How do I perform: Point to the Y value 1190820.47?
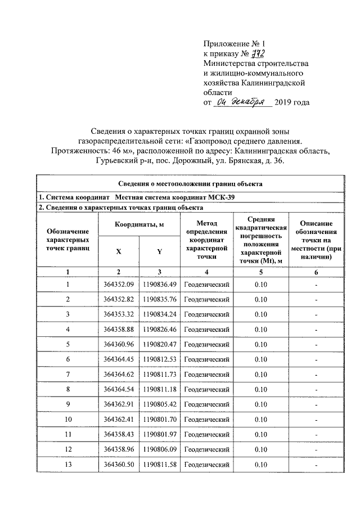click(160, 344)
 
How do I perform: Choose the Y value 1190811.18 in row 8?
click(160, 389)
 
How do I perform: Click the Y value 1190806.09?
click(160, 450)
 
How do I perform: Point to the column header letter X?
click(119, 252)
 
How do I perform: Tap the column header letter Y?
click(160, 252)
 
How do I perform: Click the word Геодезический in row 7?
click(207, 374)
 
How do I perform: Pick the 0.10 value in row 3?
click(260, 314)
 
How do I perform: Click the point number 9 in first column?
click(67, 404)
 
